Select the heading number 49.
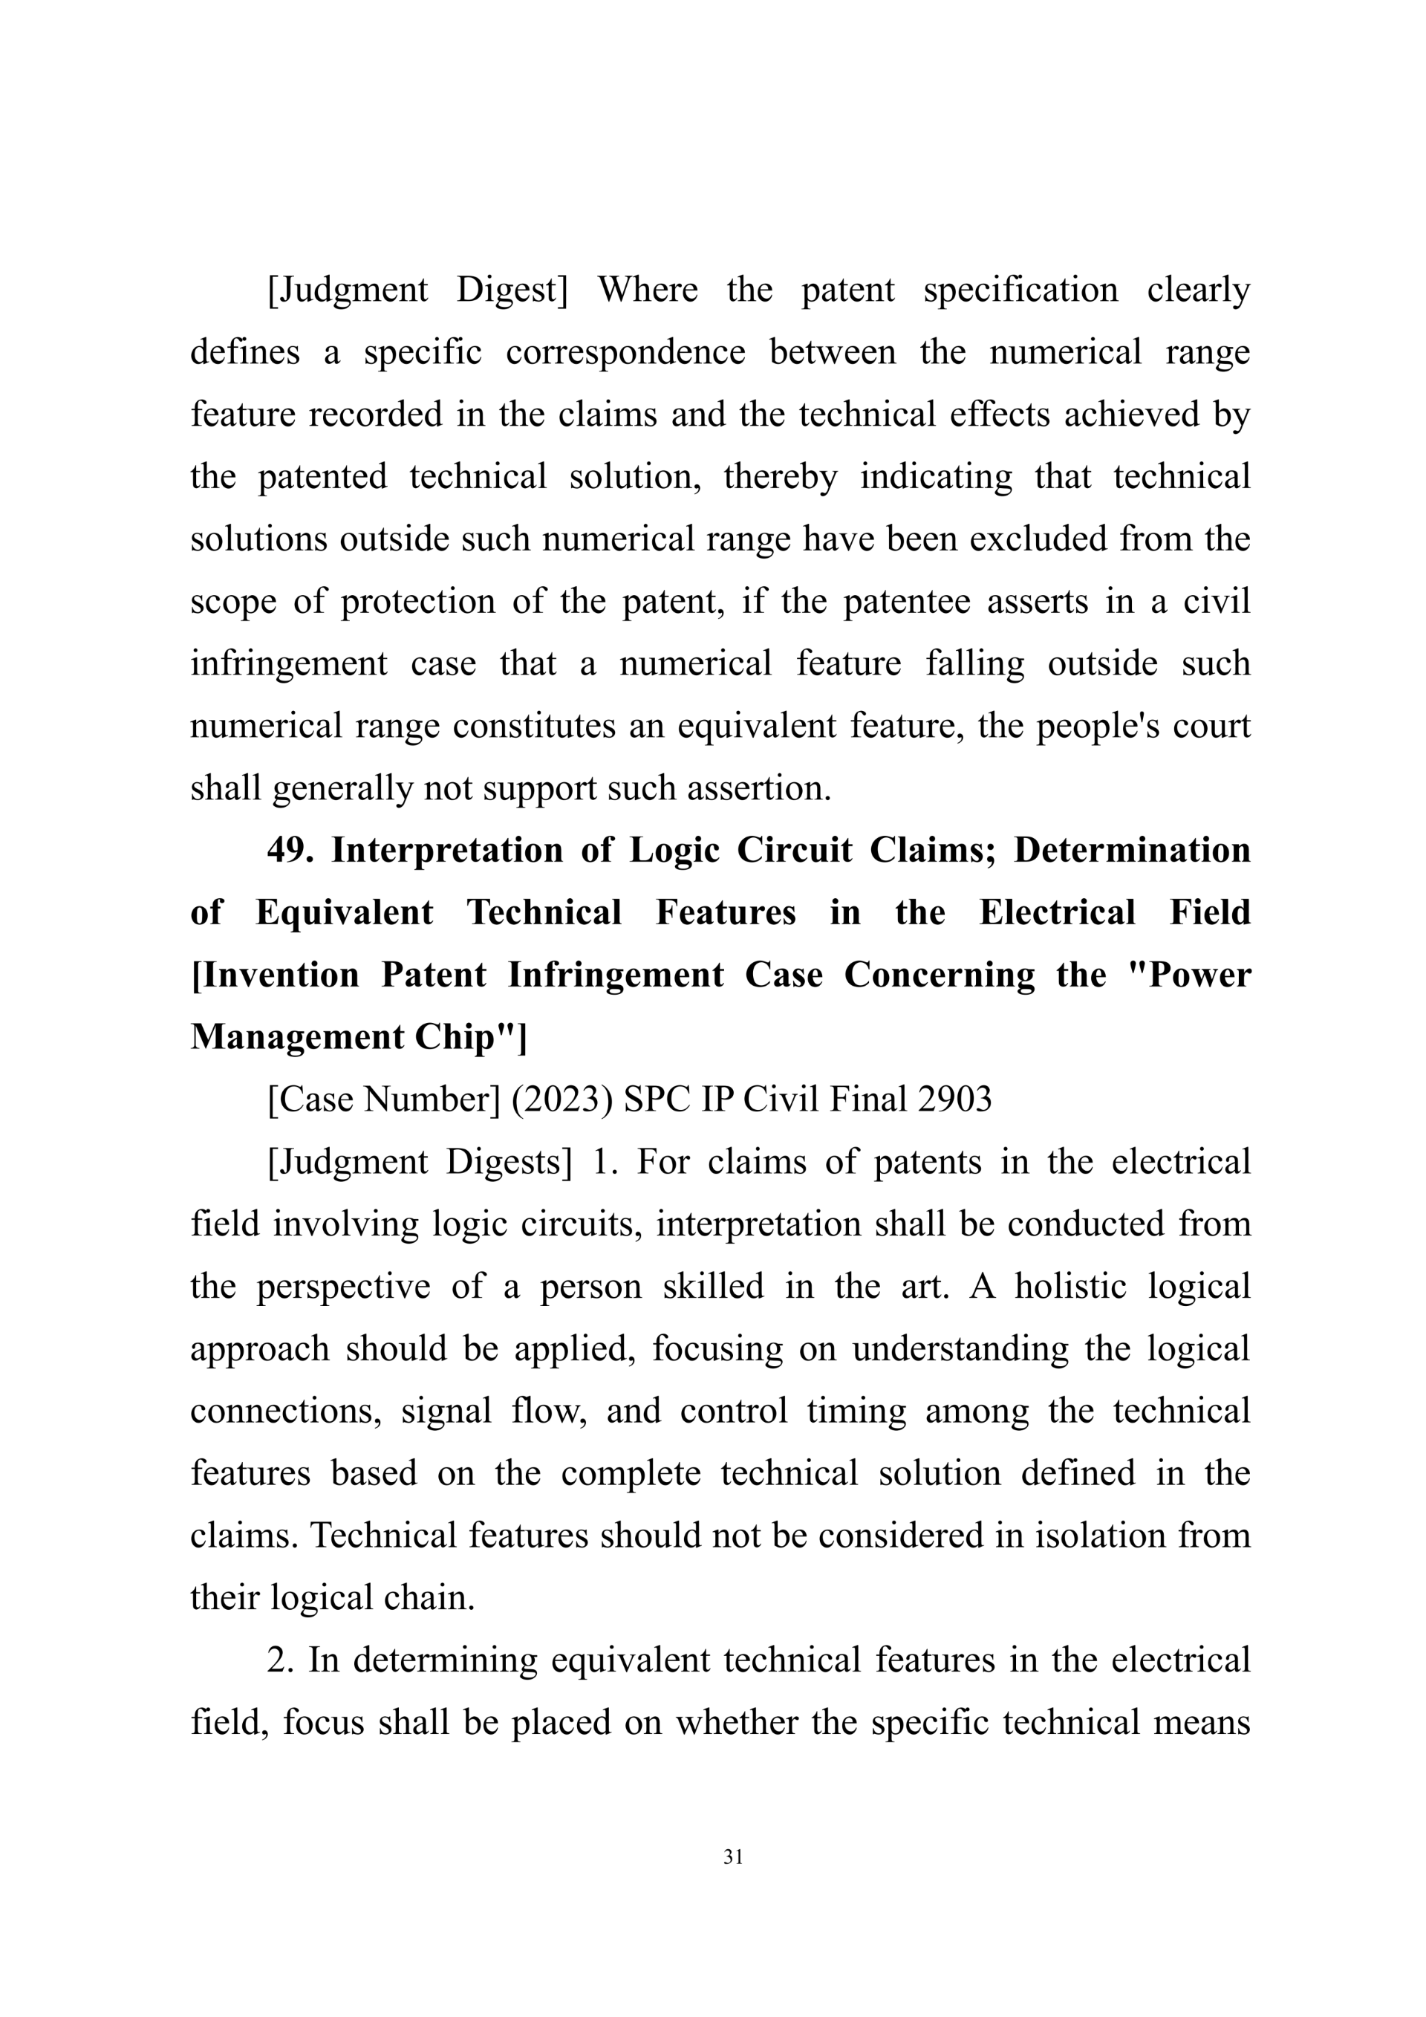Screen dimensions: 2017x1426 pyautogui.click(x=290, y=851)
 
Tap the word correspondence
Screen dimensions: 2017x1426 pyautogui.click(x=625, y=352)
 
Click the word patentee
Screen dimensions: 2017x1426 pyautogui.click(x=906, y=601)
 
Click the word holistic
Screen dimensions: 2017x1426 pyautogui.click(x=1069, y=1286)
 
